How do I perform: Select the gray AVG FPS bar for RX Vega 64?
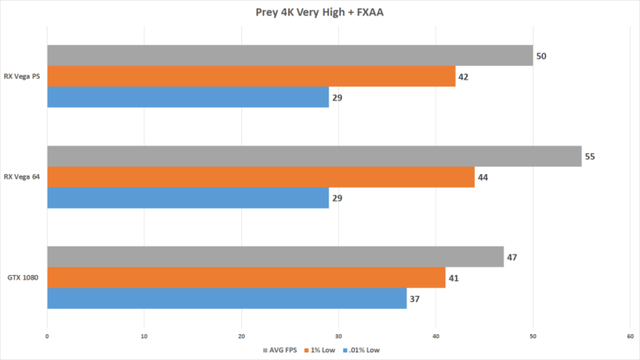(314, 156)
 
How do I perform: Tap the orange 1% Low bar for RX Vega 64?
(260, 177)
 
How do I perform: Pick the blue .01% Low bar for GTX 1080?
(227, 299)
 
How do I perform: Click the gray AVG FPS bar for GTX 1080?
(275, 257)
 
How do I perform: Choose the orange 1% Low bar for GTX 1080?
(246, 278)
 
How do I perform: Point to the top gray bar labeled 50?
(290, 55)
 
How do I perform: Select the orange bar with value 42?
(251, 76)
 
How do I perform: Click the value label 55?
(591, 157)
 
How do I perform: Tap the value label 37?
(416, 299)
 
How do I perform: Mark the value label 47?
(513, 257)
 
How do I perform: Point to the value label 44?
(484, 177)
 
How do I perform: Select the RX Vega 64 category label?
(22, 177)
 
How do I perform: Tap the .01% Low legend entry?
(362, 350)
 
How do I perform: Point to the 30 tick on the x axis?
(338, 336)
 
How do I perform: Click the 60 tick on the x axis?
(630, 336)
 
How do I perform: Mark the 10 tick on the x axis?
(144, 336)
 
